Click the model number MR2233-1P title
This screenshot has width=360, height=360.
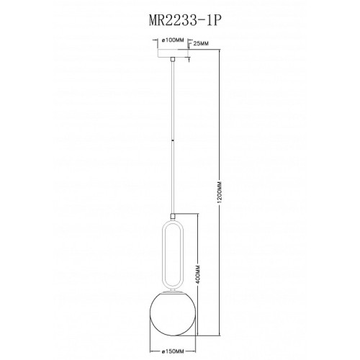[184, 21]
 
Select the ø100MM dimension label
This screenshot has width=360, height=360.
[173, 40]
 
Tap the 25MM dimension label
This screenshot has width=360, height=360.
[201, 43]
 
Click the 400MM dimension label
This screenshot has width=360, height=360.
[197, 275]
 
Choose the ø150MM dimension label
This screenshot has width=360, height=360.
[173, 351]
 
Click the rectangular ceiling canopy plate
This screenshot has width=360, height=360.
[172, 53]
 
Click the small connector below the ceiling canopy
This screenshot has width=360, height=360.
[172, 59]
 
